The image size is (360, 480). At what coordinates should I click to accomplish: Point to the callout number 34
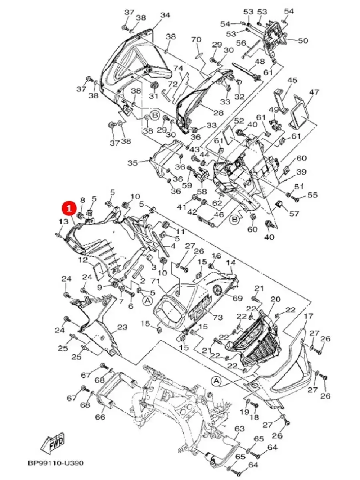(165, 15)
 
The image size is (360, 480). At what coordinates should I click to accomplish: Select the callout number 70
(196, 39)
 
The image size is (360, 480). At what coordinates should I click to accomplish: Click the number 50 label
(303, 40)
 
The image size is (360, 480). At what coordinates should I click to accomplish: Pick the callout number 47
(314, 92)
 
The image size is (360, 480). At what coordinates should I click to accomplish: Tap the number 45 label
(292, 80)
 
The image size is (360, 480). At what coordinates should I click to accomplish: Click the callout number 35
(133, 163)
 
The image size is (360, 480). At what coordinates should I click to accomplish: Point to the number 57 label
(294, 214)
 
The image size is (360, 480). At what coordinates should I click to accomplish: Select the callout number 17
(309, 317)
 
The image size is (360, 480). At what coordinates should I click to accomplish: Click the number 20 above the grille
(275, 299)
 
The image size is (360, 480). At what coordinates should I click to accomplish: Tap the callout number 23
(122, 327)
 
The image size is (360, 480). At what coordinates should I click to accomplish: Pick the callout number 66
(100, 417)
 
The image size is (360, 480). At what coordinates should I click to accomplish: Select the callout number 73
(218, 317)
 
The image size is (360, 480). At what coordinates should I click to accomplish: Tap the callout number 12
(83, 259)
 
